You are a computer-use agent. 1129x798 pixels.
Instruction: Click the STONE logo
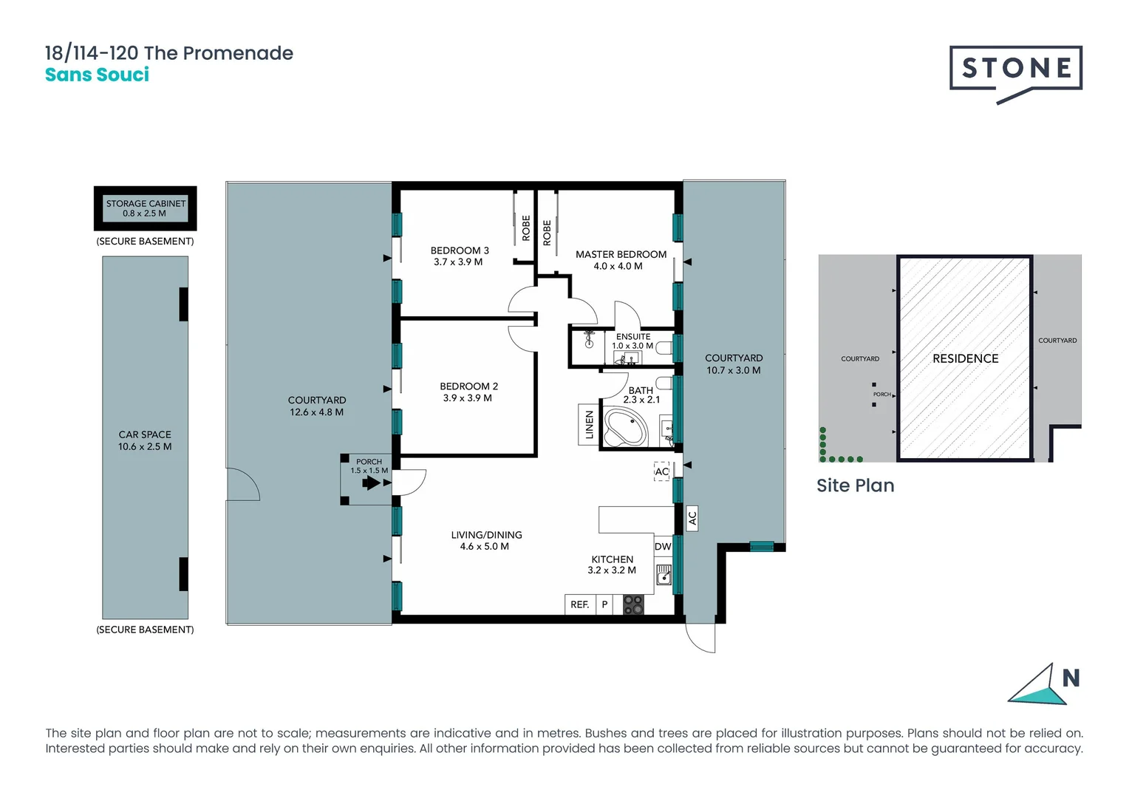click(x=1015, y=69)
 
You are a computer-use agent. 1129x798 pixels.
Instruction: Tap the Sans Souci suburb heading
click(x=97, y=75)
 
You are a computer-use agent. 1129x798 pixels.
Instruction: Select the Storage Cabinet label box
click(x=146, y=208)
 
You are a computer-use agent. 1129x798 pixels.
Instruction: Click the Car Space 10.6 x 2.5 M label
click(x=145, y=440)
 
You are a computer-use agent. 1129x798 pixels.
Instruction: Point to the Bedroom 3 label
click(x=459, y=256)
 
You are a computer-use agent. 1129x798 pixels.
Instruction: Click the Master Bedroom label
click(x=620, y=259)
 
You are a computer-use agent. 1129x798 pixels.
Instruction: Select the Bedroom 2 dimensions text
click(x=467, y=398)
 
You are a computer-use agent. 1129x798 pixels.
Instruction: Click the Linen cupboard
click(x=589, y=425)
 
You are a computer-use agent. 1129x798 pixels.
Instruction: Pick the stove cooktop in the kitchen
click(x=633, y=604)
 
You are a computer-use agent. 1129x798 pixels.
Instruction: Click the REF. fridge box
click(x=579, y=604)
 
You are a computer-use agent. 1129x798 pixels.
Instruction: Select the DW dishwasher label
click(x=663, y=547)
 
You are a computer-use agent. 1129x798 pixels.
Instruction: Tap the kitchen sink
click(x=664, y=574)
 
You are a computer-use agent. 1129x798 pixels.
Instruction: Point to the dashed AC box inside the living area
click(x=661, y=471)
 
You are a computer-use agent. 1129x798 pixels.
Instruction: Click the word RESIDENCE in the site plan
click(x=965, y=358)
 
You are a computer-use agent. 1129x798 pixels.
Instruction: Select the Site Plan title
click(x=855, y=485)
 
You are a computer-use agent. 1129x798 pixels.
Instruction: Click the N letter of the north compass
click(x=1071, y=678)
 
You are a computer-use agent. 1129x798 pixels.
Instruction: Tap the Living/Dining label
click(x=486, y=540)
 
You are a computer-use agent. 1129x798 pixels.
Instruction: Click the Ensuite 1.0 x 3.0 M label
click(x=632, y=341)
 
